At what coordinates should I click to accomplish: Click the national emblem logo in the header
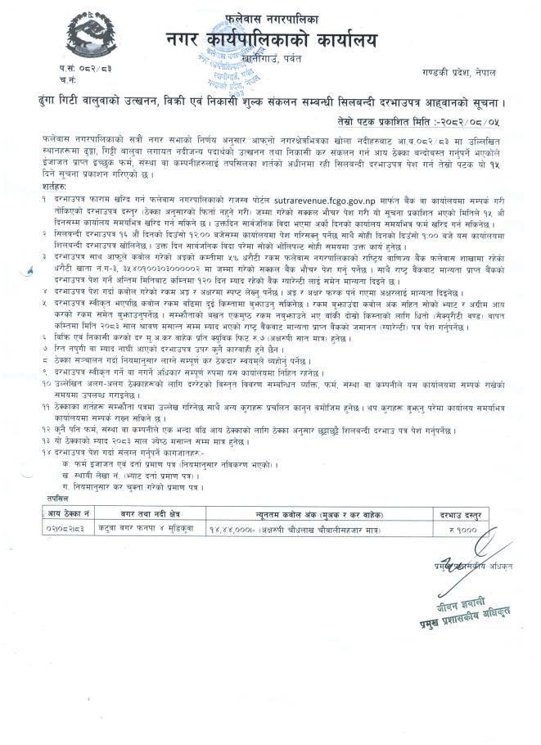(38, 39)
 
